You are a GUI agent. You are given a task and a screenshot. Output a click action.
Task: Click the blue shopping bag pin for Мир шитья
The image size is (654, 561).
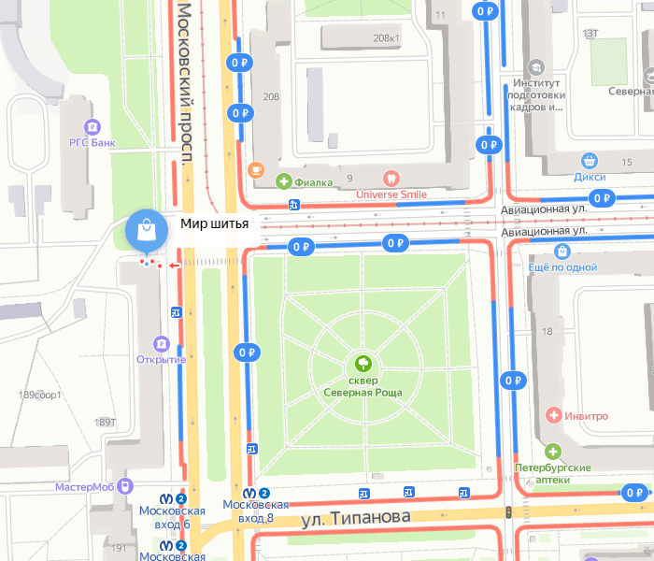[145, 230]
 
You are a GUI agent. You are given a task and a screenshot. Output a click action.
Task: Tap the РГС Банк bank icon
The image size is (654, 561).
[92, 126]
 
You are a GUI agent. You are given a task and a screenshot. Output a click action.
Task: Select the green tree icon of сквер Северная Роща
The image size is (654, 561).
[363, 363]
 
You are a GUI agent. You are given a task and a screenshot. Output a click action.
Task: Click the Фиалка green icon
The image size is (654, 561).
[285, 181]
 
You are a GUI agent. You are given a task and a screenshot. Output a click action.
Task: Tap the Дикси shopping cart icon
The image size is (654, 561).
[589, 161]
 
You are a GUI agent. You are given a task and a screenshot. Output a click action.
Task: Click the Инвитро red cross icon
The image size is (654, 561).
[554, 414]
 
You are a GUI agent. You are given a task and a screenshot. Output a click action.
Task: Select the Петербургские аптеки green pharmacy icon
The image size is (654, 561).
[553, 451]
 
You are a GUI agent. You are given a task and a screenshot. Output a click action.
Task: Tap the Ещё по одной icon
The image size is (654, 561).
[562, 251]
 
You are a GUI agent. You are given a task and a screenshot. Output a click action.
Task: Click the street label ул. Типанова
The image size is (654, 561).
[355, 517]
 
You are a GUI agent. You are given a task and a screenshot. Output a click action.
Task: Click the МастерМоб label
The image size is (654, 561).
[84, 487]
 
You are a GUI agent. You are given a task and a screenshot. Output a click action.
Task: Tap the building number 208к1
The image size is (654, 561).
[385, 38]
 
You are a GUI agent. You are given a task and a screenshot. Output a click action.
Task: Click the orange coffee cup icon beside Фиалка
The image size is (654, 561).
[255, 170]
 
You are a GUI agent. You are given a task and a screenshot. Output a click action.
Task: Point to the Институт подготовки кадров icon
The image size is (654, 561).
[536, 67]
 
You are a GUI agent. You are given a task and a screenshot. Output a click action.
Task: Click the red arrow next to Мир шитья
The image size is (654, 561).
[174, 266]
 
